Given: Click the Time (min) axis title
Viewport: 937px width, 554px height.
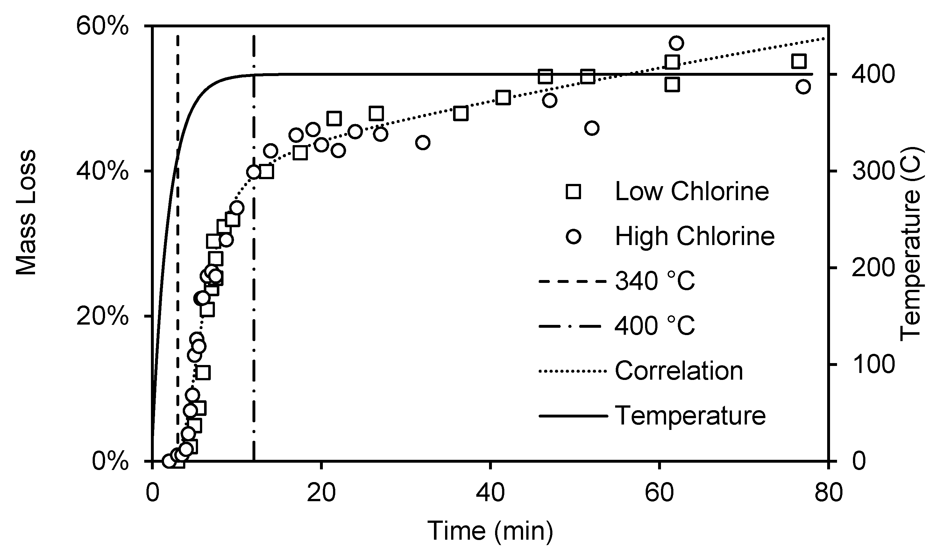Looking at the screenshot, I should [x=490, y=530].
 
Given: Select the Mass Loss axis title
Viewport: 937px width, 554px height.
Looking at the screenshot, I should [x=26, y=213].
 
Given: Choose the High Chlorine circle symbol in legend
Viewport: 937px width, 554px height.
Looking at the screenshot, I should [x=574, y=237].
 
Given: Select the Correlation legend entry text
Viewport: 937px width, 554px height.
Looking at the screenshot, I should [x=678, y=371].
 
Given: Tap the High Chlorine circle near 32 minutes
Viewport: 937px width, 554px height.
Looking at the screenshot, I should [x=422, y=143].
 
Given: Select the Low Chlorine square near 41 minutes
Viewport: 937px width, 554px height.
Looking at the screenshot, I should [x=503, y=98].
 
